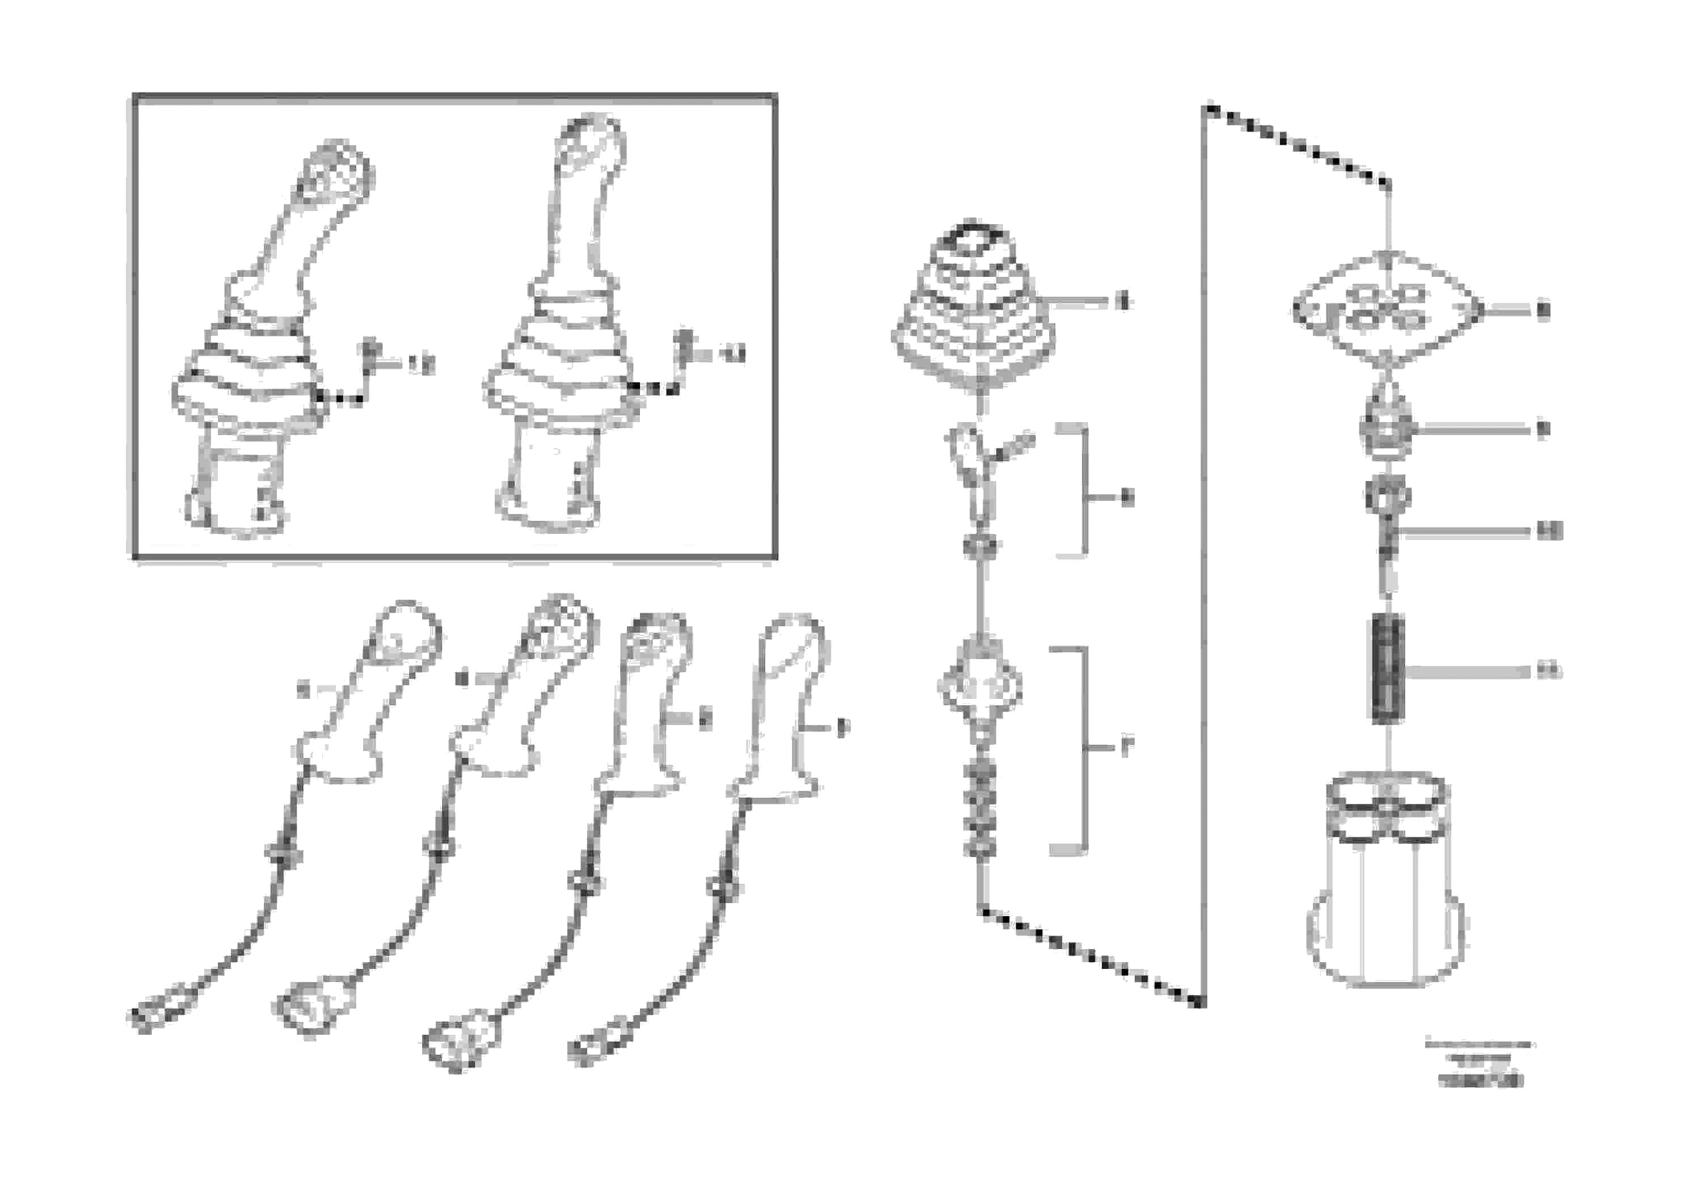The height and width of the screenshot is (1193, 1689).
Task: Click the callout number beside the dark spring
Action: [x=1548, y=671]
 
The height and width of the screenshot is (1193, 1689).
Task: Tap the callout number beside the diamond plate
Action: [x=1543, y=310]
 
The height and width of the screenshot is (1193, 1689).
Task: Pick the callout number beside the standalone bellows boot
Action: [x=1123, y=302]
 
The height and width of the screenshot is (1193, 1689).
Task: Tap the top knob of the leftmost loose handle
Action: [x=406, y=637]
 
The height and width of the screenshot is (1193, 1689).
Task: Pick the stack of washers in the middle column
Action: [x=976, y=809]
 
